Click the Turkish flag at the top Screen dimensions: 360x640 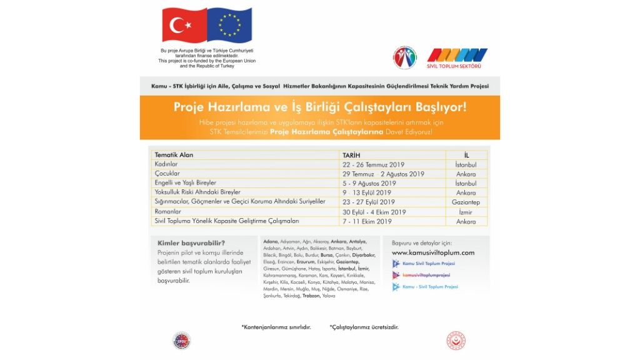[184, 26]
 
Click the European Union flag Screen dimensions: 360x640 [229, 26]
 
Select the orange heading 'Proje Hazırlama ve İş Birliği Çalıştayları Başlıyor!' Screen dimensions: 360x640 [319, 107]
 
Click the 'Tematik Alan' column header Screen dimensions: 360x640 [174, 154]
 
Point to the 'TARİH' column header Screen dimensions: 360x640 [352, 154]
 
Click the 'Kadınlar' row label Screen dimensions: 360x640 [166, 164]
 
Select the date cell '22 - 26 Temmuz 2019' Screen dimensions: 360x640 [374, 164]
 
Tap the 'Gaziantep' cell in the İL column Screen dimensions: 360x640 [466, 202]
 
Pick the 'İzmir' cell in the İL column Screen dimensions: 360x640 [466, 212]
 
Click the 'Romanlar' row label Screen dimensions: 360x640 [168, 212]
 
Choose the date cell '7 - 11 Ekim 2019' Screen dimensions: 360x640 [367, 221]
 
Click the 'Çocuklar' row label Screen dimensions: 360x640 [167, 174]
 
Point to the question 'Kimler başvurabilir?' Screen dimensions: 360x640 [187, 243]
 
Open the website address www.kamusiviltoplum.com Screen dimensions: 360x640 [432, 252]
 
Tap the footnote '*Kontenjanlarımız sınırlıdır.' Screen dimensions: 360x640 [276, 327]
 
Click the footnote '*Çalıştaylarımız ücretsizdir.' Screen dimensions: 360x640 [364, 327]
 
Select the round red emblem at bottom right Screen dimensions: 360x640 [456, 341]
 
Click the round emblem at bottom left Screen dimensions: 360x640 [182, 341]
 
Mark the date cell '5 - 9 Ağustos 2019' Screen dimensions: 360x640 [369, 183]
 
